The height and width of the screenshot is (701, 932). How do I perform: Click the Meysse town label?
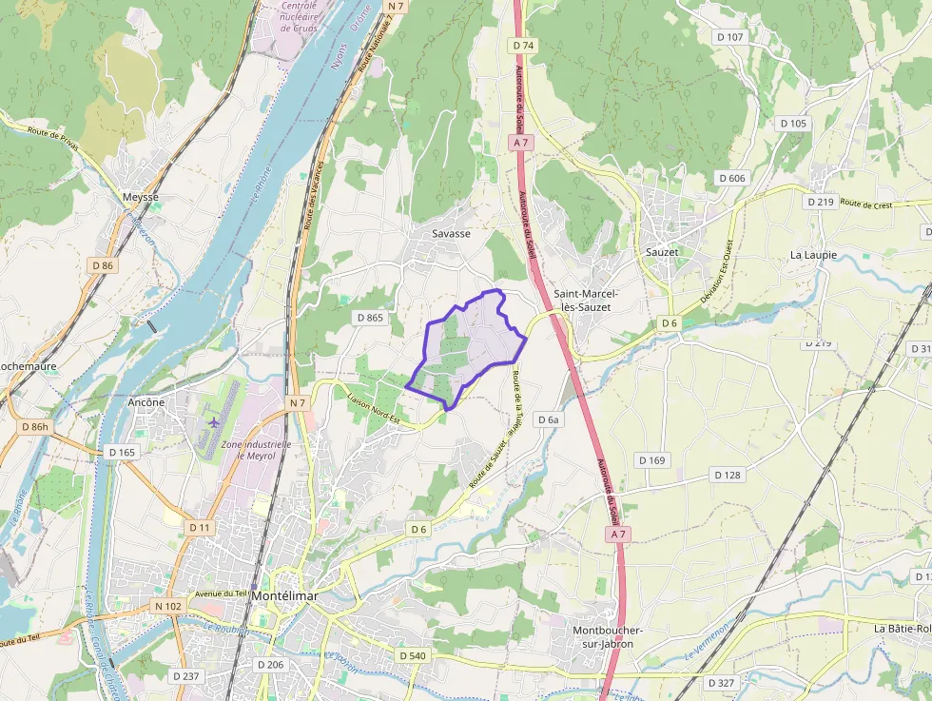[141, 197]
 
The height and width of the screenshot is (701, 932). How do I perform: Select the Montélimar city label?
[284, 595]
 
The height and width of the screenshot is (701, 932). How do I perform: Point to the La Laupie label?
[814, 255]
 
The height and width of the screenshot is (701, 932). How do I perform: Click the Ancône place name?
[146, 402]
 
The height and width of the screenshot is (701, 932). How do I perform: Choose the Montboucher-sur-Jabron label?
[609, 636]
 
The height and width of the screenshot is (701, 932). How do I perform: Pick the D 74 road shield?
[523, 46]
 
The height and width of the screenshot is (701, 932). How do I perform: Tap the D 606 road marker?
[732, 178]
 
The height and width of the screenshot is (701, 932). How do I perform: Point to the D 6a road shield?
[550, 419]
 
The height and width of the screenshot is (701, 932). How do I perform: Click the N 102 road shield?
[166, 606]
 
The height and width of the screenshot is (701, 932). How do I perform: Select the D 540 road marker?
[413, 656]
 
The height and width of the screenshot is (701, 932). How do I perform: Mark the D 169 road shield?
[651, 460]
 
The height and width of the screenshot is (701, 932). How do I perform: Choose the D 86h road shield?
[33, 427]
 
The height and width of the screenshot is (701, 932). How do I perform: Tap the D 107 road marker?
[729, 36]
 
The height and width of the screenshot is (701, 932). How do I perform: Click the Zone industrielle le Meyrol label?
[256, 450]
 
